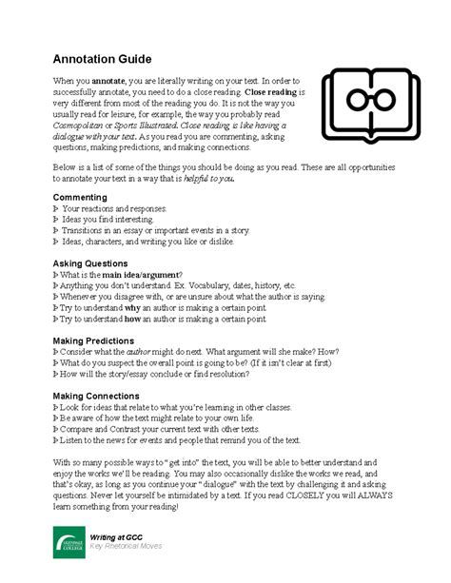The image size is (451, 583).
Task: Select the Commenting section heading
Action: tap(79, 197)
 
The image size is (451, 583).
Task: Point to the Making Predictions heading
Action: tap(93, 340)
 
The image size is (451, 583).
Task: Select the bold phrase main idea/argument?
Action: tap(150, 274)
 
